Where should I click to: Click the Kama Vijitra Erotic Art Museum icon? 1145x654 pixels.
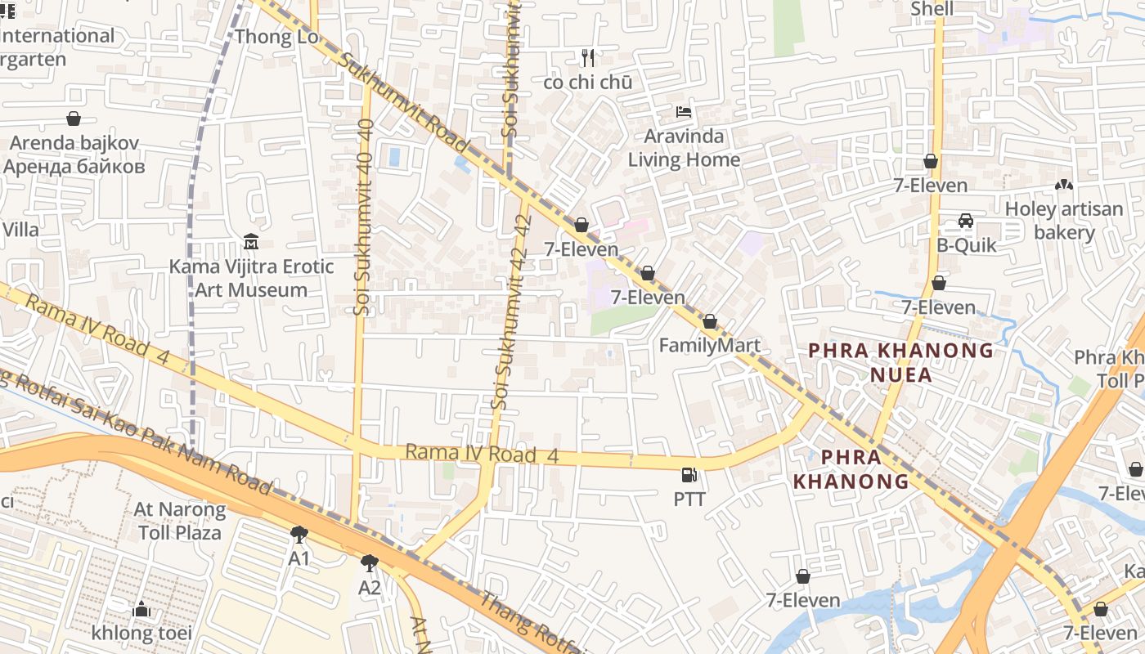[251, 242]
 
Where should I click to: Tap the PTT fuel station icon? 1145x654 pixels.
[689, 475]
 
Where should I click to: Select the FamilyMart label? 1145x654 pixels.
[709, 345]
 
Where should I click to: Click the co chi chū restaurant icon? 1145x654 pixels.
[587, 57]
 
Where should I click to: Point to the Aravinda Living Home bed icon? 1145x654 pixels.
[684, 111]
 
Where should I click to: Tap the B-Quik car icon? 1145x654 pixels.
[966, 221]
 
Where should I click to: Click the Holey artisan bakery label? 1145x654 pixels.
[1063, 221]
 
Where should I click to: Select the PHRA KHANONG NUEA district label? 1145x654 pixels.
[901, 362]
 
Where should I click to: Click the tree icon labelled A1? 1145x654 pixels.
[299, 535]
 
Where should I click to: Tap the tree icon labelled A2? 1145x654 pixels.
[370, 563]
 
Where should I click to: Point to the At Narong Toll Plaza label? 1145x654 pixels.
[180, 521]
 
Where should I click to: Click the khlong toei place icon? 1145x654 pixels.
[141, 609]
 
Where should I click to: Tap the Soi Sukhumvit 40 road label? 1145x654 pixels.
[365, 217]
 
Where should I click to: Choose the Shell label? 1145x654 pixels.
[932, 9]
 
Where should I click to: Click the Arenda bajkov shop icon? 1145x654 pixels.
[74, 119]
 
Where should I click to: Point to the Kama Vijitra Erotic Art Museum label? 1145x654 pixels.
[251, 278]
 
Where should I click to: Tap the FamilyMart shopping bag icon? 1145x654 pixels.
[710, 322]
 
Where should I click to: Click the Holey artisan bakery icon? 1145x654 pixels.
[1063, 186]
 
